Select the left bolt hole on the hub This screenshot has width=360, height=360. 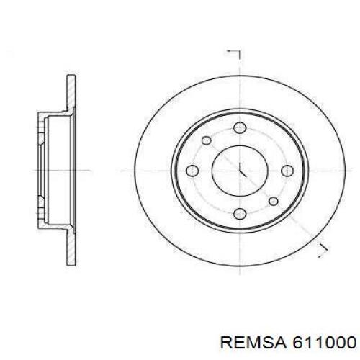tap(192, 171)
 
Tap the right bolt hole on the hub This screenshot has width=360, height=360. tap(287, 171)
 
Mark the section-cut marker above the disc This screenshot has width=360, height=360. tap(235, 54)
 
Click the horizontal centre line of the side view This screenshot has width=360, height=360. tap(58, 171)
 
